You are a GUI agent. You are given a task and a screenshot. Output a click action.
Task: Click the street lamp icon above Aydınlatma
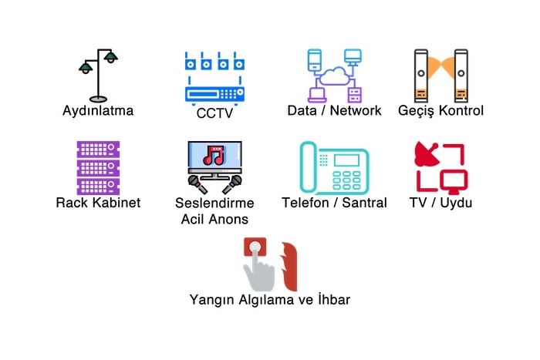pyautogui.click(x=98, y=75)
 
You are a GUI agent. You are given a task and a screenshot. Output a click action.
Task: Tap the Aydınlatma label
pyautogui.click(x=98, y=110)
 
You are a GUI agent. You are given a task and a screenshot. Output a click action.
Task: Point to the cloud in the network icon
pyautogui.click(x=334, y=76)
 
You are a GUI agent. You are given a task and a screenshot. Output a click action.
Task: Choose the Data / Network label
pyautogui.click(x=334, y=110)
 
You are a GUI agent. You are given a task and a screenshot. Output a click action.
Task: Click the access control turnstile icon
pyautogui.click(x=440, y=76)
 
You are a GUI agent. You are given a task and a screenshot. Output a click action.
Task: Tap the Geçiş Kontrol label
pyautogui.click(x=440, y=110)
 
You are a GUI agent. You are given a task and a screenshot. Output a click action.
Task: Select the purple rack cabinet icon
pyautogui.click(x=98, y=167)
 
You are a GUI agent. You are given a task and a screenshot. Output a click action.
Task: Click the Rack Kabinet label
pyautogui.click(x=98, y=203)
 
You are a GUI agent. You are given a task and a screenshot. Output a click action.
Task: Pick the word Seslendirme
pyautogui.click(x=214, y=204)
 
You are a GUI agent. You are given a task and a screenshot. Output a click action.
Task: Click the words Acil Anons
pyautogui.click(x=214, y=219)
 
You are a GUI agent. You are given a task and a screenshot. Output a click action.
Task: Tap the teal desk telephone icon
pyautogui.click(x=334, y=167)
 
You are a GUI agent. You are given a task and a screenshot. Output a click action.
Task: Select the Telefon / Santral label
pyautogui.click(x=334, y=204)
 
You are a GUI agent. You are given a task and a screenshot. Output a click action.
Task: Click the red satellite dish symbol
pyautogui.click(x=427, y=152)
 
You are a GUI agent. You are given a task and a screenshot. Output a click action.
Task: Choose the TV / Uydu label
pyautogui.click(x=440, y=203)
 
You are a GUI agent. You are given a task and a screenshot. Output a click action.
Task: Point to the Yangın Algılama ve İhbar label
pyautogui.click(x=269, y=299)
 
